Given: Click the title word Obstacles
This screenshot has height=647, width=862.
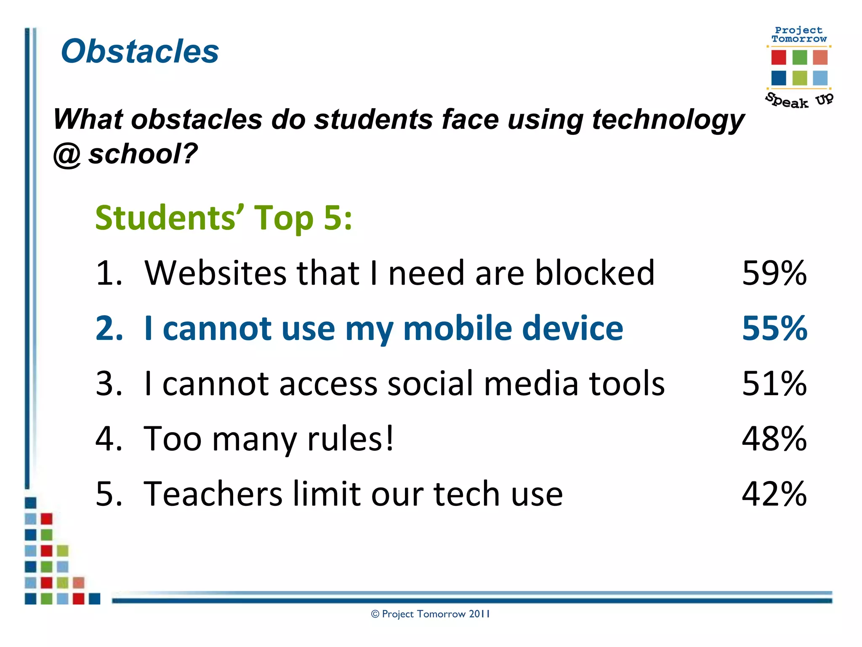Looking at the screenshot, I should click(x=140, y=51).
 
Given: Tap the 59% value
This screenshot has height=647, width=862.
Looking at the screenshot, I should click(x=774, y=273).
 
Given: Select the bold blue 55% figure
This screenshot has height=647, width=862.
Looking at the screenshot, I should click(x=774, y=328).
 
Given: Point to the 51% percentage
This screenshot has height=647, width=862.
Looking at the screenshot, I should click(x=774, y=383).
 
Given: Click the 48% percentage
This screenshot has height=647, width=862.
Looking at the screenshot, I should click(x=774, y=438).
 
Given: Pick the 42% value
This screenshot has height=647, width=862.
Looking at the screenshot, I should click(x=774, y=494).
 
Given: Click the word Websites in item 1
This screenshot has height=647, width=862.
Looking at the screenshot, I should click(x=215, y=273).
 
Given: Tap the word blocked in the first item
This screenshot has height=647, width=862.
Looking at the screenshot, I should click(x=594, y=273).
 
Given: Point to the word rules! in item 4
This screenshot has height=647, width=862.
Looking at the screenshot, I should click(x=351, y=438).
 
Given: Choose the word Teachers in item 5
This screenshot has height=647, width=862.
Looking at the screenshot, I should click(x=213, y=494).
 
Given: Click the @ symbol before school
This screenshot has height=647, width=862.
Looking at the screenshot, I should click(x=67, y=155).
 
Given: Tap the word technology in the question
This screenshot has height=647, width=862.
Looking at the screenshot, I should click(x=668, y=120).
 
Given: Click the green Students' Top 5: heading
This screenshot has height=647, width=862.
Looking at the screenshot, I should click(x=223, y=218).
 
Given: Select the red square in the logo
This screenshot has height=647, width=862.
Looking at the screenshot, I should click(x=778, y=57).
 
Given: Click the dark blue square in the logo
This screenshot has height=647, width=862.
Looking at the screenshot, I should click(x=778, y=78).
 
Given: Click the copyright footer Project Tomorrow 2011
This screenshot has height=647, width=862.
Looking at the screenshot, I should click(x=431, y=614).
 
